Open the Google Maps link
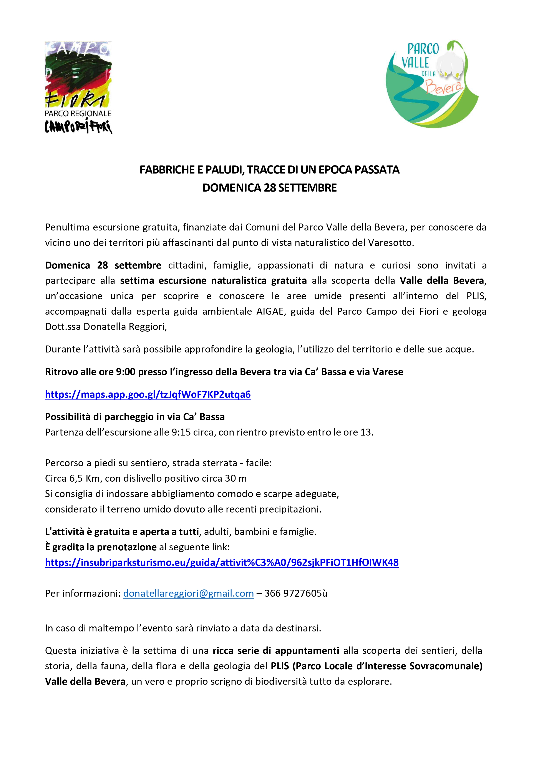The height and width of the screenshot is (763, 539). (148, 394)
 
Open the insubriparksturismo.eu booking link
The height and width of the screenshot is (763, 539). (222, 563)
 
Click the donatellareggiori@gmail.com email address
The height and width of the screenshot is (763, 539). (188, 593)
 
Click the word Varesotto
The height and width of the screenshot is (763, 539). (391, 243)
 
